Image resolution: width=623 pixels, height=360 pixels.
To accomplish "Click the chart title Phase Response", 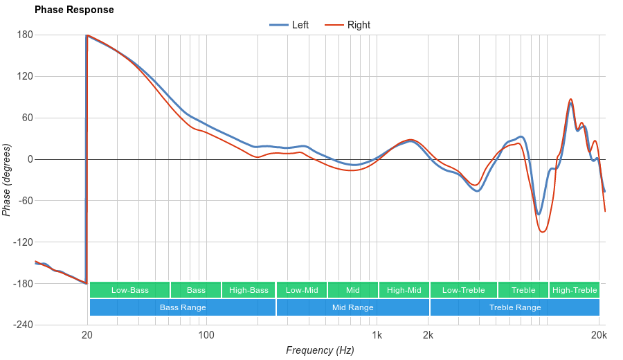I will (x=74, y=10).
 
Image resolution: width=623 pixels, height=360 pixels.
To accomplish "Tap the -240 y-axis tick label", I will (x=23, y=325).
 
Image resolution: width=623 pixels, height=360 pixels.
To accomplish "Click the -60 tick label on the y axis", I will (x=25, y=201).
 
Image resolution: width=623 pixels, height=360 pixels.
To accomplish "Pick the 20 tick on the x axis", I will (x=87, y=335).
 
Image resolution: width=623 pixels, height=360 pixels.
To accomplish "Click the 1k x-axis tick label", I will (x=377, y=335).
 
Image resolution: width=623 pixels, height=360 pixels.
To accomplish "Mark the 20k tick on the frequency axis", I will (x=599, y=335).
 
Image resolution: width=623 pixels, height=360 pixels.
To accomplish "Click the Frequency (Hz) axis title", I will (x=320, y=350).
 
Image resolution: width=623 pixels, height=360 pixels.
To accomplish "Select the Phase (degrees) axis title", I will (x=7, y=180).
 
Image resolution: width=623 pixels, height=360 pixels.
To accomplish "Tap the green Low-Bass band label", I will (x=129, y=290).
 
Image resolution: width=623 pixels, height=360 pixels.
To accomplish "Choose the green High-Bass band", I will (x=249, y=290).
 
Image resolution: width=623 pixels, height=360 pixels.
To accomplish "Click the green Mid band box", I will (x=353, y=290).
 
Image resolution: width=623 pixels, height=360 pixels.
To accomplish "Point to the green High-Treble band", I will (x=575, y=290).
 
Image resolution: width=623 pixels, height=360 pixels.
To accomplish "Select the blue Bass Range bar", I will (x=183, y=307).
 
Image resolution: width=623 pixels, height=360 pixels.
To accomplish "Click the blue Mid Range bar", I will (x=353, y=307).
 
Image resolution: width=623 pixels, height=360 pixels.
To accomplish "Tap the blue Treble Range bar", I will (x=515, y=307).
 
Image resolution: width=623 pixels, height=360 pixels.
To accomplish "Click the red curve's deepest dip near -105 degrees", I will (x=543, y=231).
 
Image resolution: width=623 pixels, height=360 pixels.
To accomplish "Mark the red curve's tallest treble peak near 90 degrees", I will (x=571, y=99).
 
